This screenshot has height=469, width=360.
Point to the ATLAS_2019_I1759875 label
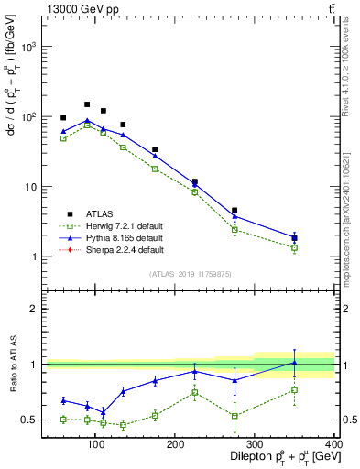tap(191, 273)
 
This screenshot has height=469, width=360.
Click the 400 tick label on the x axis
tap(333, 444)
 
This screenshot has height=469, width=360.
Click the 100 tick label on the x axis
tap(94, 444)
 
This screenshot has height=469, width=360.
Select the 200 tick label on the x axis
tap(174, 444)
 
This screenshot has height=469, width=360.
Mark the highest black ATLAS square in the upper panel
tap(87, 104)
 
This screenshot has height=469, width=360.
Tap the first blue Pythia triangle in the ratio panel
tap(63, 400)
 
